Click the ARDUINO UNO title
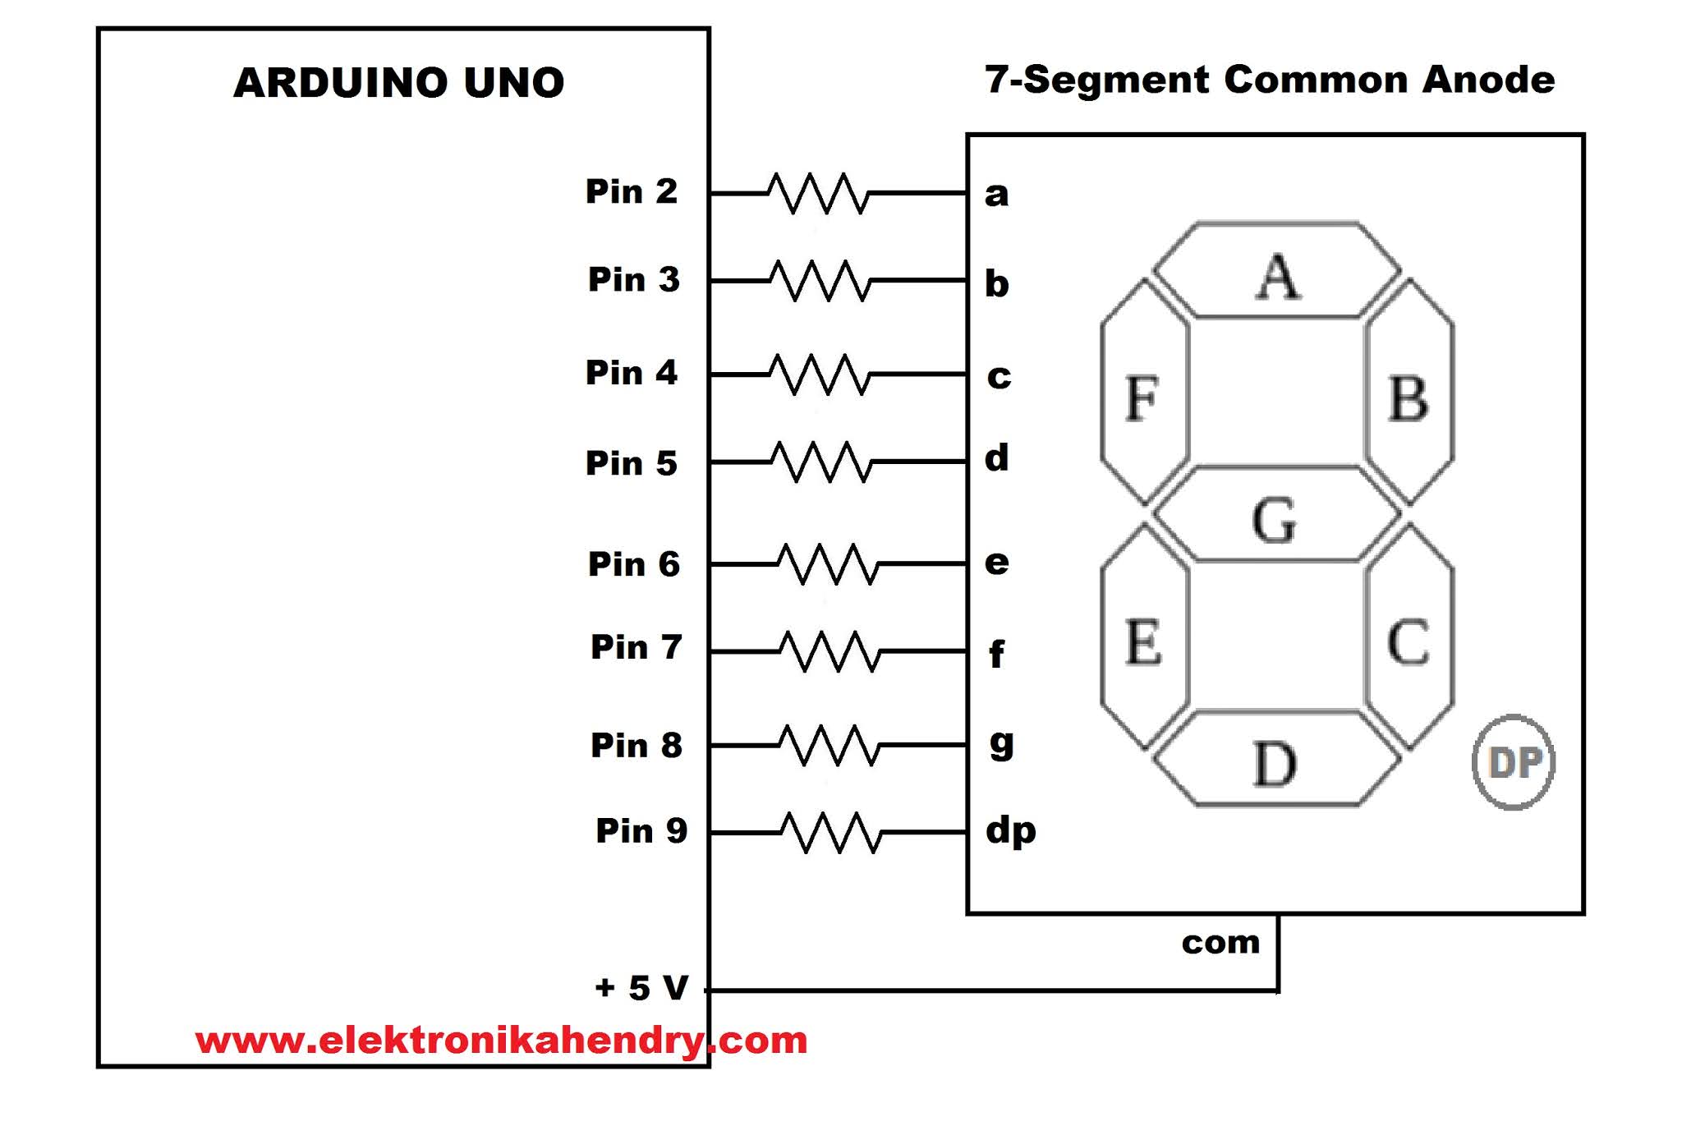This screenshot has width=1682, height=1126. point(399,83)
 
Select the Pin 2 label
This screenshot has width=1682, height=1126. point(631,191)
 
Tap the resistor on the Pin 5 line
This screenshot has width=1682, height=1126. point(821,462)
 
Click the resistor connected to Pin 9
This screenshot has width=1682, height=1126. point(831,832)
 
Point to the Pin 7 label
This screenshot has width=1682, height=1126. point(636,647)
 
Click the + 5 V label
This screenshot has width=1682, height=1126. point(641,987)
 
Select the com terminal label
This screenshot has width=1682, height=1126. point(1220,943)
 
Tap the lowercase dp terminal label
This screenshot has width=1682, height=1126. point(1010,831)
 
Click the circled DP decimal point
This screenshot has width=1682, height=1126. point(1514,762)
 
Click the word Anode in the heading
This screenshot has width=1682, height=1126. point(1488,80)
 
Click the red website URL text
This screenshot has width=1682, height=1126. point(501,1041)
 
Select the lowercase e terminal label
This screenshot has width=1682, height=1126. point(996,563)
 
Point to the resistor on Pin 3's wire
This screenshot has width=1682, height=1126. point(820,281)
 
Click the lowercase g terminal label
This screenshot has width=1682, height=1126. point(1001,743)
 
